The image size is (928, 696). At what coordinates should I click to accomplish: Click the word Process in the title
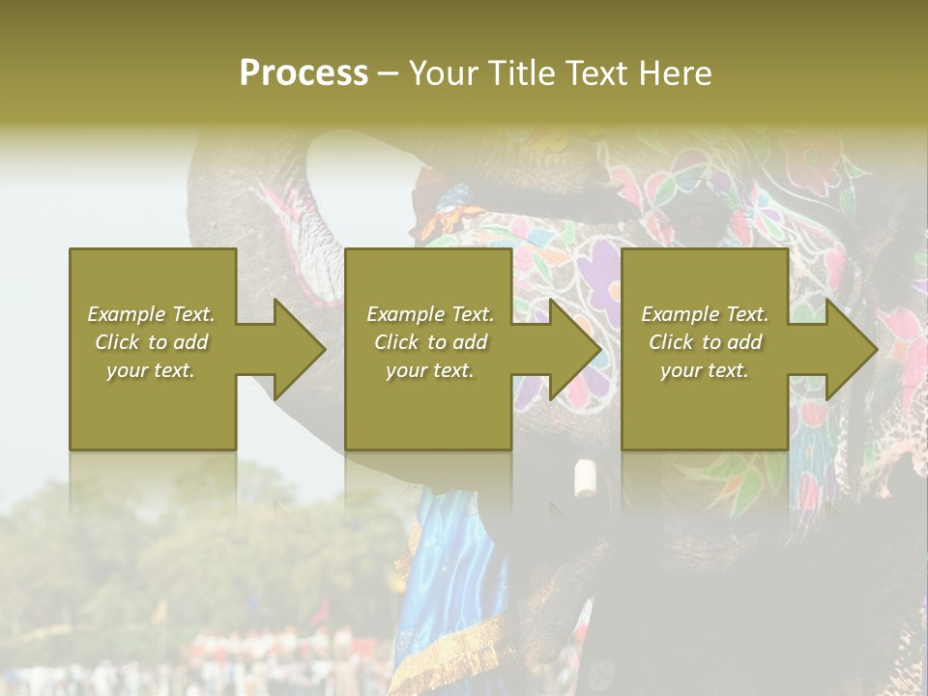tap(304, 73)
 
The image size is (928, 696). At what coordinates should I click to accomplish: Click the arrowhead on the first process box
tap(298, 349)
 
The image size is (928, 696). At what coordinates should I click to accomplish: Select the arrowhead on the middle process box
tap(574, 349)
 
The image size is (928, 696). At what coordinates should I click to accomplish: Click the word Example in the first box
tap(126, 314)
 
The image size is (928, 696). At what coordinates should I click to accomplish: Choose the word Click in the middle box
tap(395, 342)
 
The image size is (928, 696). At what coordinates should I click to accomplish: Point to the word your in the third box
tap(681, 370)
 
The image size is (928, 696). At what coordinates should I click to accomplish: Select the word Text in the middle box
tap(472, 314)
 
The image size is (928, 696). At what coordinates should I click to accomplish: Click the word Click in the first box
tap(116, 342)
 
